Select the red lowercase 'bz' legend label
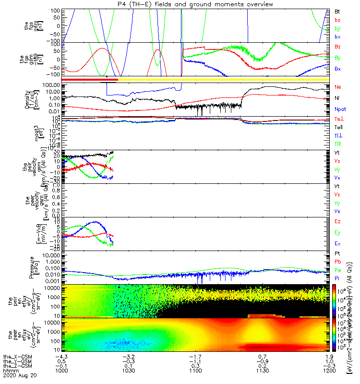pos(337,20)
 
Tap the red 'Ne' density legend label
pos(338,87)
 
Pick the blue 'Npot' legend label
pos(340,109)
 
